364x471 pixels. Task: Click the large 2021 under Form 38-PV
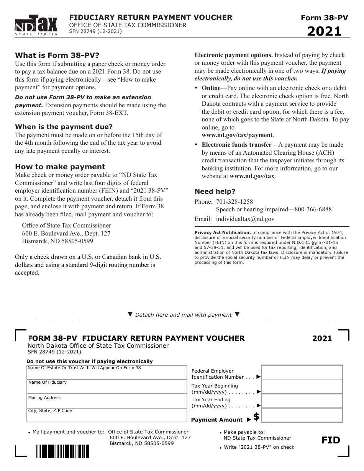(324, 31)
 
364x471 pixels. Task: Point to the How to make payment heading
(60, 167)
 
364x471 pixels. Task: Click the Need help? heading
(215, 191)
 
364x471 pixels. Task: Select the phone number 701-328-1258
(234, 201)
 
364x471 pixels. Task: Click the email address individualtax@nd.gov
(245, 219)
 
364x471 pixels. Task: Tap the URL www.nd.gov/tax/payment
(238, 135)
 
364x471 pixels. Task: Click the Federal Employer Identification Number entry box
(302, 372)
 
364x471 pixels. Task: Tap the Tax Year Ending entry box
(302, 401)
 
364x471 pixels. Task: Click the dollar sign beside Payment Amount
(256, 417)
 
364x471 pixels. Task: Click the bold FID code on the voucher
(331, 440)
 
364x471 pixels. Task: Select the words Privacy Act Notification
(222, 232)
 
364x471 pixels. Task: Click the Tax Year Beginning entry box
(302, 387)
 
